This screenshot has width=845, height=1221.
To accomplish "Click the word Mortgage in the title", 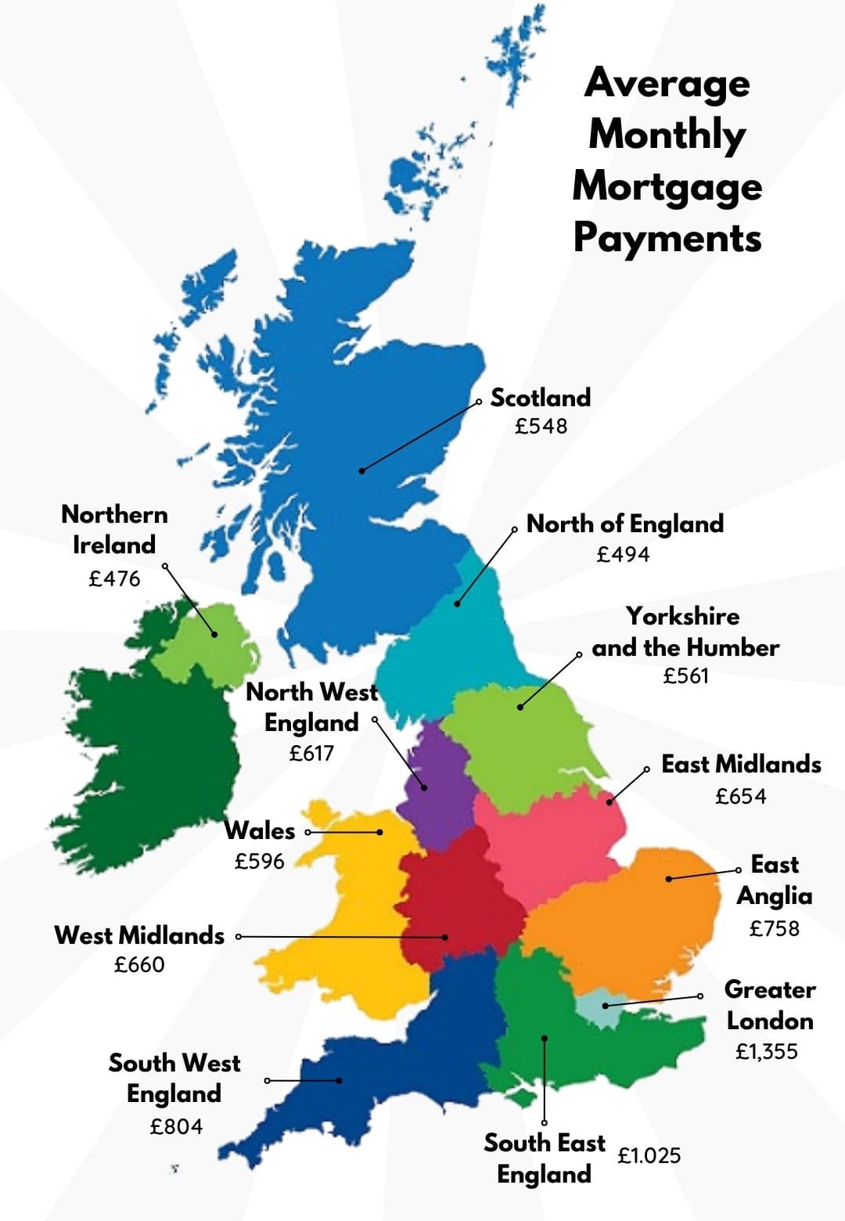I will [x=667, y=186].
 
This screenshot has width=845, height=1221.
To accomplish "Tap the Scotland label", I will [x=540, y=398].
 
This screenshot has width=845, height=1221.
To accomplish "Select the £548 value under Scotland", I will [x=541, y=426].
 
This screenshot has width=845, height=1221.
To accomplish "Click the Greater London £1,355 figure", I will [x=766, y=1051].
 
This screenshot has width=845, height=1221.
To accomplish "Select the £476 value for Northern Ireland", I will [x=114, y=578].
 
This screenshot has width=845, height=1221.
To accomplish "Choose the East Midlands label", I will [x=741, y=764].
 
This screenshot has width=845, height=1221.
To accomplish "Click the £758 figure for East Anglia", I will [x=774, y=928].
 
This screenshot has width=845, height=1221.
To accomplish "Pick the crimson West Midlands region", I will [x=458, y=900].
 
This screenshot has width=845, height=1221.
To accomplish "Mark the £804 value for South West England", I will [x=176, y=1126].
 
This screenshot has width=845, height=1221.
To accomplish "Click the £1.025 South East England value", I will [x=649, y=1155].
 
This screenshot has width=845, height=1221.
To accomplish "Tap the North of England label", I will [x=624, y=524].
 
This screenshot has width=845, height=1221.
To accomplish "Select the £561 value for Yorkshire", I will [x=685, y=675].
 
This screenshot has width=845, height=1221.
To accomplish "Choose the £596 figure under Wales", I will [x=259, y=861].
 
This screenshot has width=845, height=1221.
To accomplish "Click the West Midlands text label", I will [x=139, y=935].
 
